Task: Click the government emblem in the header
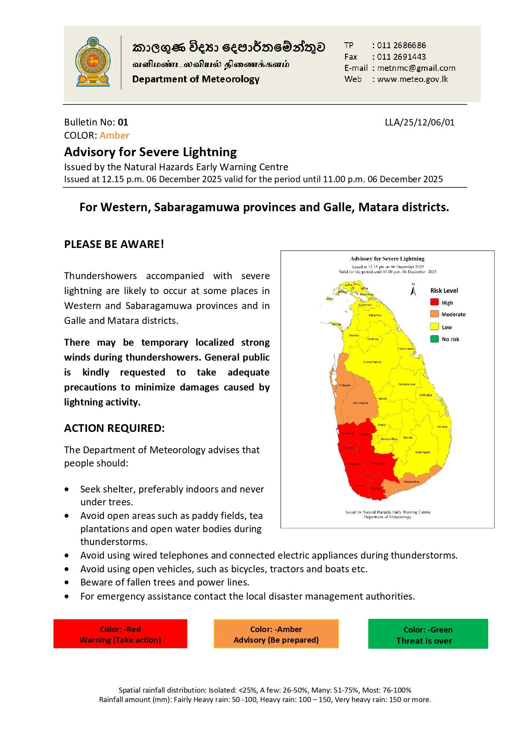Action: point(93,62)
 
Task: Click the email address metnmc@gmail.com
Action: point(416,68)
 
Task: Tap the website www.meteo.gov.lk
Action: point(413,79)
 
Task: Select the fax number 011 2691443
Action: point(401,57)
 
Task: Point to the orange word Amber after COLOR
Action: point(114,135)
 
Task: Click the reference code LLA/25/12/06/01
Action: point(419,122)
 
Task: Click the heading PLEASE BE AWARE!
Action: point(114,244)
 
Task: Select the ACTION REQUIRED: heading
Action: point(114,428)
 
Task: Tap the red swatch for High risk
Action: point(434,302)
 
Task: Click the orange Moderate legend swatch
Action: point(434,314)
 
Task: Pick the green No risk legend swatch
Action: point(434,339)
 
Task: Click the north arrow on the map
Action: point(413,290)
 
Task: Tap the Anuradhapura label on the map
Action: point(372,362)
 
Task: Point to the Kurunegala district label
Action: point(360,403)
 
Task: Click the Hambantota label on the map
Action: point(411,481)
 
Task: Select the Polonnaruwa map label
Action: point(407,384)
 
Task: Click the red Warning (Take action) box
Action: point(120,634)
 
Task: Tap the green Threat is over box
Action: point(428,635)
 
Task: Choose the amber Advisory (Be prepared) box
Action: point(276,634)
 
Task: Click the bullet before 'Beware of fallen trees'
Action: point(67,583)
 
